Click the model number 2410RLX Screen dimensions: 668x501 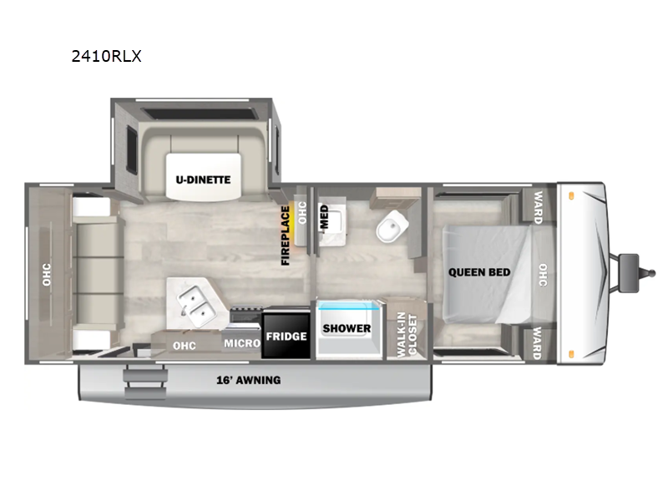pyautogui.click(x=106, y=56)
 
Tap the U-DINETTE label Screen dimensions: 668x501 pyautogui.click(x=203, y=180)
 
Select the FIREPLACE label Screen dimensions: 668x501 pyautogui.click(x=286, y=235)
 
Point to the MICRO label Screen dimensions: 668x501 pyautogui.click(x=242, y=343)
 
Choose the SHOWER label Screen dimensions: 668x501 pyautogui.click(x=347, y=328)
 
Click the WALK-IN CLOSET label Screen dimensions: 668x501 pyautogui.click(x=407, y=335)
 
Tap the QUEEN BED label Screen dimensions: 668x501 pyautogui.click(x=479, y=272)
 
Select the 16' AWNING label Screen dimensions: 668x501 pyautogui.click(x=248, y=380)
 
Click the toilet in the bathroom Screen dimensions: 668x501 pyautogui.click(x=392, y=226)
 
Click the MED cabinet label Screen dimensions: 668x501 pyautogui.click(x=324, y=217)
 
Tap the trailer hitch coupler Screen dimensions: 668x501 pyautogui.click(x=634, y=273)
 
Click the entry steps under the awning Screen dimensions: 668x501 pyautogui.click(x=144, y=383)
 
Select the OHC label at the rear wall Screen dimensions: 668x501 pyautogui.click(x=47, y=275)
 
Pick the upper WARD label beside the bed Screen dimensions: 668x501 pyautogui.click(x=538, y=207)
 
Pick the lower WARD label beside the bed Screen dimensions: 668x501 pyautogui.click(x=537, y=343)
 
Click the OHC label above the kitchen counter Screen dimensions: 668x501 pyautogui.click(x=185, y=346)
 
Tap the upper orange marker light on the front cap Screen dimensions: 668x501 pyautogui.click(x=571, y=196)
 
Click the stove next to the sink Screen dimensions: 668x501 pyautogui.click(x=246, y=315)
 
